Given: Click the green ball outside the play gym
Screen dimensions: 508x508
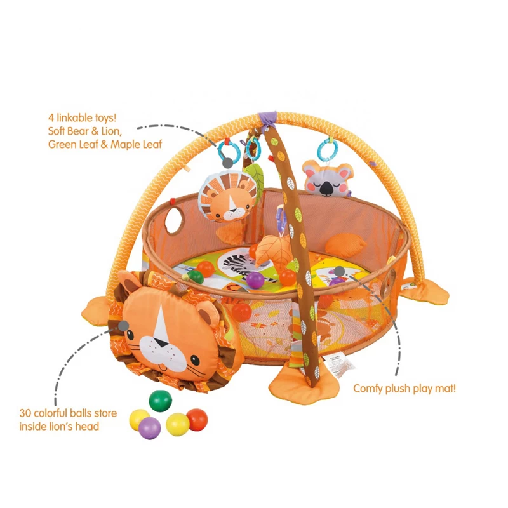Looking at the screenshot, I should click(x=160, y=400).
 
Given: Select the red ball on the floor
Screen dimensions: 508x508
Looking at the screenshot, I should click(x=197, y=419).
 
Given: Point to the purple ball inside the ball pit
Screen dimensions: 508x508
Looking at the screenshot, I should click(x=255, y=280).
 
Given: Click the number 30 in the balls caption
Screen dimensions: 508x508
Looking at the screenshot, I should click(x=26, y=413).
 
